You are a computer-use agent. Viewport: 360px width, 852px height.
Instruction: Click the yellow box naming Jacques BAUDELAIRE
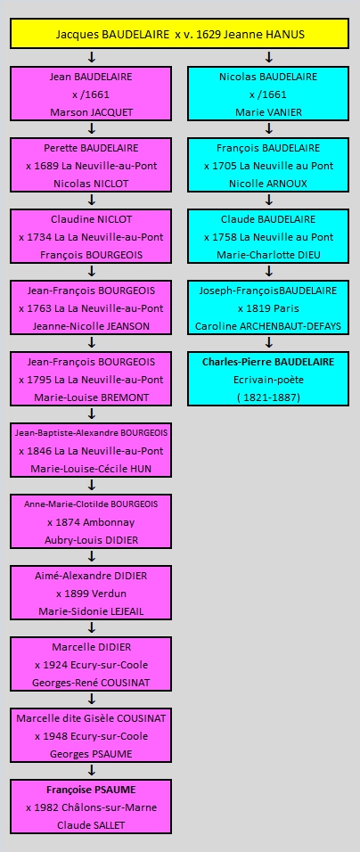click(179, 34)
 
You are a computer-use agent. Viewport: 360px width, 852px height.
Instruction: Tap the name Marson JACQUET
click(91, 112)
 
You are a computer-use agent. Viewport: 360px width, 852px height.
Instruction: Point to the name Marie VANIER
click(268, 112)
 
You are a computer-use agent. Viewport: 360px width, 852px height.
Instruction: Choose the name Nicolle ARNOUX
click(268, 184)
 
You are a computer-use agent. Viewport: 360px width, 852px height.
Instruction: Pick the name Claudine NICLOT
click(91, 219)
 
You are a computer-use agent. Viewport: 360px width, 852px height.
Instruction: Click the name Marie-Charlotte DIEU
click(268, 255)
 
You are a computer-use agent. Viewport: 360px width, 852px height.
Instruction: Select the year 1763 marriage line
click(91, 308)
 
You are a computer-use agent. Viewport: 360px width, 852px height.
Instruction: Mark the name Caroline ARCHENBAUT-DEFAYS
click(268, 326)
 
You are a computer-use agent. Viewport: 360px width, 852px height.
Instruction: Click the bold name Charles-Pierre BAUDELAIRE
click(268, 361)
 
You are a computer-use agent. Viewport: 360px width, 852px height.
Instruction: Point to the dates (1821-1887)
click(268, 397)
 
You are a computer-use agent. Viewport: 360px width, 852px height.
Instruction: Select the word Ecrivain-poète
click(268, 380)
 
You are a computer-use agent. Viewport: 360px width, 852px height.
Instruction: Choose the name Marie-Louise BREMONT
click(91, 397)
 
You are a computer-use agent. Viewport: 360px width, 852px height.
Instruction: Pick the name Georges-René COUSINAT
click(91, 683)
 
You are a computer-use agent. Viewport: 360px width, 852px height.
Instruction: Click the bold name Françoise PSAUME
click(91, 789)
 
